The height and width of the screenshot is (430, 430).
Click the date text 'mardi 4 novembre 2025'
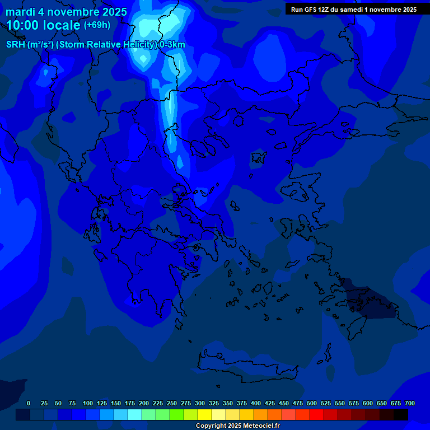[66, 12]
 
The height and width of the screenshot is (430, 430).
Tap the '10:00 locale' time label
[44, 25]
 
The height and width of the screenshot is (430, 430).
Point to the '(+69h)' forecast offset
[97, 25]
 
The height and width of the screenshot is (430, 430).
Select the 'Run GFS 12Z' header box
[353, 9]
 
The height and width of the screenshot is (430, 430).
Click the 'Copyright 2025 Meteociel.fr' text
[237, 426]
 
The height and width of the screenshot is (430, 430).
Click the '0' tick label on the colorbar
[29, 403]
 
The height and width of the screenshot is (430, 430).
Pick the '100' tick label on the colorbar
[88, 403]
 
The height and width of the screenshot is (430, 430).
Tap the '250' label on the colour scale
[172, 403]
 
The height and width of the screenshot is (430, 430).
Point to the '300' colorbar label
[200, 403]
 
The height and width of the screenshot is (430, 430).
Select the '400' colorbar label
[256, 403]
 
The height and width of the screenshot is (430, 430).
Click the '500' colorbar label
[312, 403]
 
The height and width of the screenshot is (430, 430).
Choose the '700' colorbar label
[410, 403]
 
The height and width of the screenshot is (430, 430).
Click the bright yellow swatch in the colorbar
[205, 414]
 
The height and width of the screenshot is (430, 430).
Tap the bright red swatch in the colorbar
[317, 414]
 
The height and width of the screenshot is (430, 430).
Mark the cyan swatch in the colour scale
[135, 414]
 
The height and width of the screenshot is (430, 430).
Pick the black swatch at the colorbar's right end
[401, 414]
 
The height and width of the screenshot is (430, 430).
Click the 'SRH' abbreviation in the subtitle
[15, 45]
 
